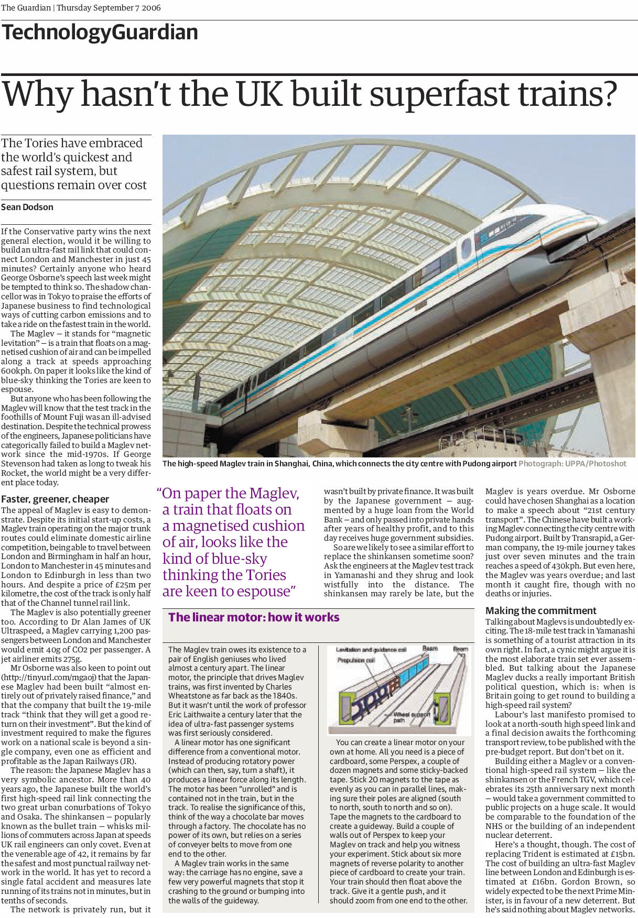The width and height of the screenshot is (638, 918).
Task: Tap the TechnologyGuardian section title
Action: click(x=100, y=32)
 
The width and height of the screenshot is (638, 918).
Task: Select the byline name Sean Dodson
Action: click(x=27, y=207)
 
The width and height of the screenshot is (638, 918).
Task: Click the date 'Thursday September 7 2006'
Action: click(x=109, y=8)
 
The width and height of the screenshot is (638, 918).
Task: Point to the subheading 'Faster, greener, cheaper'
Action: click(x=55, y=499)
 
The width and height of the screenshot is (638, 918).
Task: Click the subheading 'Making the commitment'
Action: click(x=540, y=610)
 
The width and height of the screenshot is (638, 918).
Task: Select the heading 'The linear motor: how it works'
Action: click(x=254, y=617)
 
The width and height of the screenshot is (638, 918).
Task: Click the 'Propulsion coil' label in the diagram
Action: click(x=356, y=660)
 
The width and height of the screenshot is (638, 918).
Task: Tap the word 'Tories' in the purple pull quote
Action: click(x=265, y=575)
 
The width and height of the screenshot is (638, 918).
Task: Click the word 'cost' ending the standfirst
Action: click(x=135, y=185)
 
